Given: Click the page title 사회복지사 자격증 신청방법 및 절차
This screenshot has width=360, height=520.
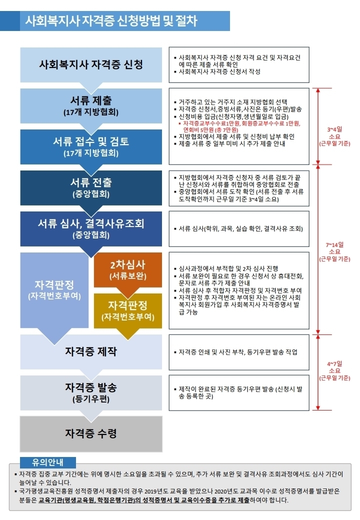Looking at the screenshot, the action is pos(111,21).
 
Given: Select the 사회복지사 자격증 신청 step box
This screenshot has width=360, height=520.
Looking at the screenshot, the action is pos(91,64).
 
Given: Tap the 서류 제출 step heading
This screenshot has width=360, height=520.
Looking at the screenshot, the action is pos(91,100).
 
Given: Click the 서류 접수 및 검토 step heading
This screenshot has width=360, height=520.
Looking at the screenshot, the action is pos(91,141).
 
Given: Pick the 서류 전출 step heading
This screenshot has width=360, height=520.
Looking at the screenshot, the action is pos(91,182).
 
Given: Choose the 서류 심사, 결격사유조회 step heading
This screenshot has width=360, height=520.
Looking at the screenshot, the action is pos(91,223).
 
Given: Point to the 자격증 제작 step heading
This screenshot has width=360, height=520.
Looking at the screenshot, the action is pos(91,351).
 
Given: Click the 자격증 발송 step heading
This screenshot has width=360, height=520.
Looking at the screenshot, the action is pos(91,388).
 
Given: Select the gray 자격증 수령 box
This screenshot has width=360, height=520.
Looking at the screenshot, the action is pos(91,433).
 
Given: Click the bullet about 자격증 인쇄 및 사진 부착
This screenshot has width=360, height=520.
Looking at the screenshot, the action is pos(238,352).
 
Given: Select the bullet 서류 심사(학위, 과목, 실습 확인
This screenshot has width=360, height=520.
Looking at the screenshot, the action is pos(240,228).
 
